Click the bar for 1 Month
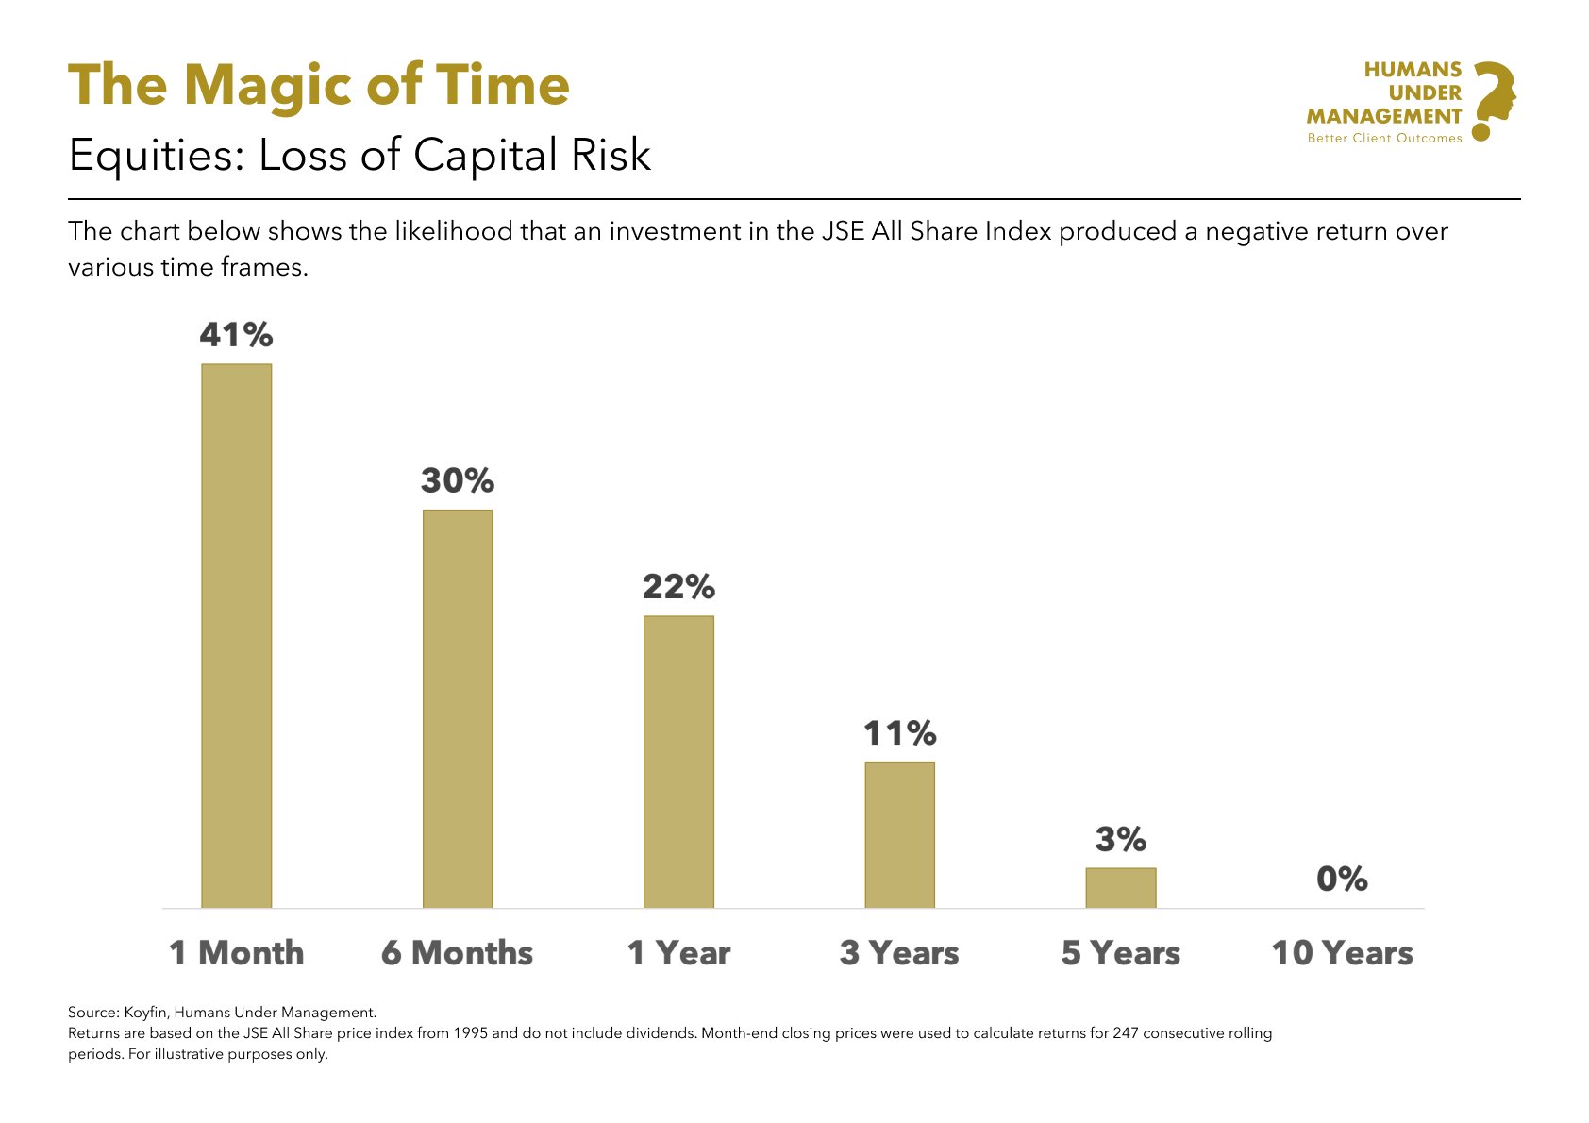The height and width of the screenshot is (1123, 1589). pyautogui.click(x=236, y=636)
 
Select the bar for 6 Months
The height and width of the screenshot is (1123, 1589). pyautogui.click(x=458, y=709)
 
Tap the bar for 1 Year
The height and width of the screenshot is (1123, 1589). pyautogui.click(x=678, y=762)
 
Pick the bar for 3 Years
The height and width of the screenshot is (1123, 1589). pyautogui.click(x=899, y=834)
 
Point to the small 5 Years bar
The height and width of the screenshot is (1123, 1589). pyautogui.click(x=1120, y=888)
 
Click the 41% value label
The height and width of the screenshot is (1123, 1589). pyautogui.click(x=236, y=335)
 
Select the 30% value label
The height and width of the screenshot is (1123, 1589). pyautogui.click(x=458, y=481)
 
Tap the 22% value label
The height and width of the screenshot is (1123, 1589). pyautogui.click(x=678, y=587)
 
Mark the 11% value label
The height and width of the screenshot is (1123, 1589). pyautogui.click(x=899, y=733)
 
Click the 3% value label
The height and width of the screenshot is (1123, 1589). pyautogui.click(x=1120, y=839)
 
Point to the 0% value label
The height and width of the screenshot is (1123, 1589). pyautogui.click(x=1342, y=880)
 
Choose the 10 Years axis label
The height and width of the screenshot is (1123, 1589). pyautogui.click(x=1342, y=953)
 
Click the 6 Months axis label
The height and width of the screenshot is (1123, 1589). pyautogui.click(x=458, y=953)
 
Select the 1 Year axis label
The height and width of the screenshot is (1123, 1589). pyautogui.click(x=678, y=953)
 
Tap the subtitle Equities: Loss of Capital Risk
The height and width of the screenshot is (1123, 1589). pyautogui.click(x=360, y=156)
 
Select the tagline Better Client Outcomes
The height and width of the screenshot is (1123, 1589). pyautogui.click(x=1384, y=139)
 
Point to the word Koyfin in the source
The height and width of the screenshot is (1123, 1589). pyautogui.click(x=144, y=1013)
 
